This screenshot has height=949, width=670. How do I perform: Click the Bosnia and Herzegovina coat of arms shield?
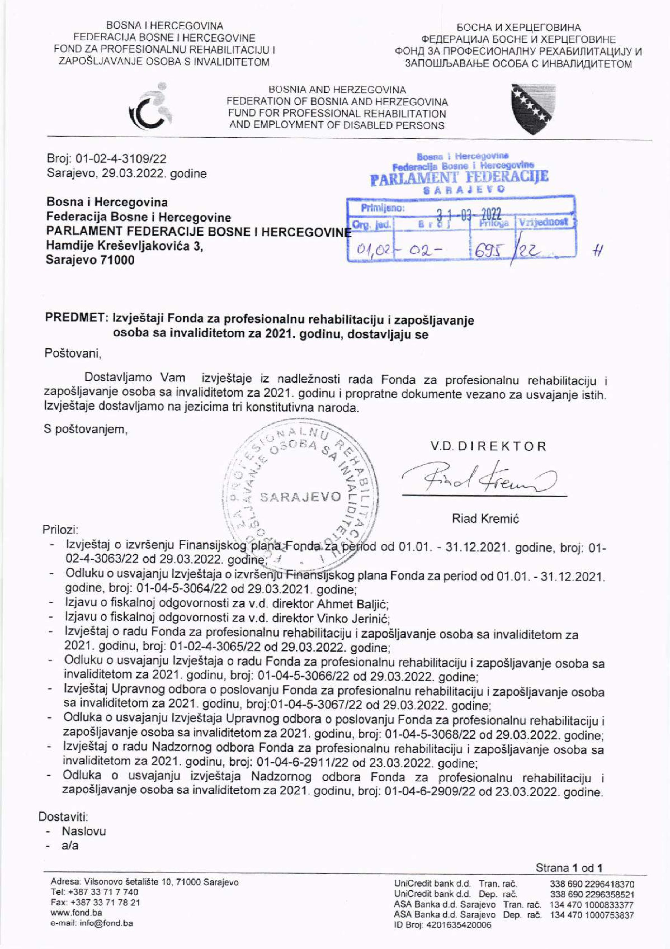click(x=533, y=109)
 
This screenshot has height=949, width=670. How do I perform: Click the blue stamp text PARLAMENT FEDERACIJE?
click(x=459, y=178)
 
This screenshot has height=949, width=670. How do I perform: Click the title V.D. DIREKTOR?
click(x=488, y=446)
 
